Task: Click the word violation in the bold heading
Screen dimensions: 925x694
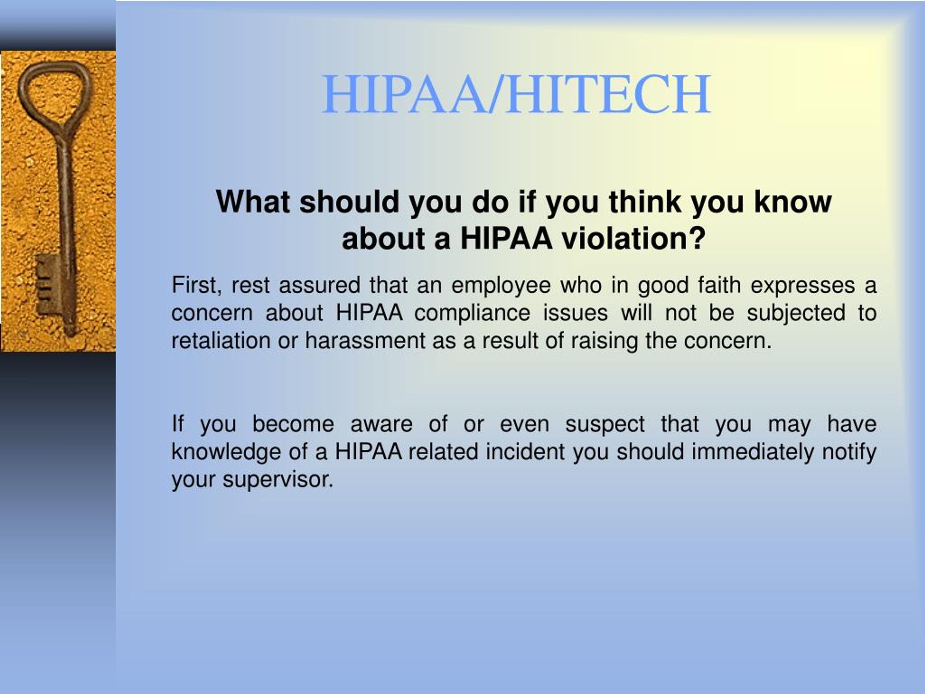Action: click(x=633, y=239)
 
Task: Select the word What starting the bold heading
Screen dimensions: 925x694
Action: click(x=253, y=202)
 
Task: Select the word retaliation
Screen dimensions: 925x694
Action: click(x=221, y=340)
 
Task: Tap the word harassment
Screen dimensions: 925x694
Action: click(x=365, y=340)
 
